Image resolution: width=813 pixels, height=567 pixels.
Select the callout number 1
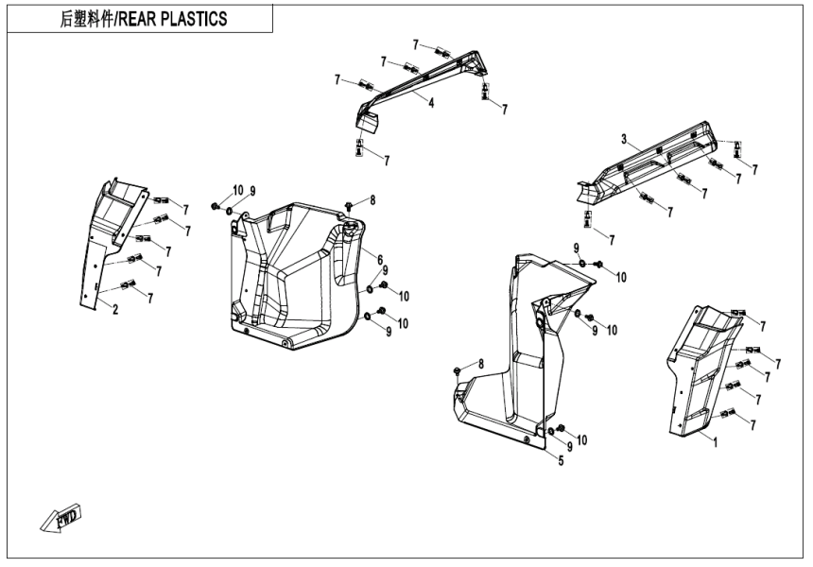(715, 441)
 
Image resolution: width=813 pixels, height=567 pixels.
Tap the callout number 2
(115, 309)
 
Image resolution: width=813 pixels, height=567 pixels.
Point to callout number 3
(624, 139)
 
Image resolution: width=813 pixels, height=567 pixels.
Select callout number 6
(379, 260)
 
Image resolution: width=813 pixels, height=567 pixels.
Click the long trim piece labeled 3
(652, 165)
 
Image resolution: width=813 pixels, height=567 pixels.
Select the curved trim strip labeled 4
(425, 80)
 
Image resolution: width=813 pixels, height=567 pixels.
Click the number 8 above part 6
(372, 199)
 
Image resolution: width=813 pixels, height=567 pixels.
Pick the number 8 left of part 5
(480, 365)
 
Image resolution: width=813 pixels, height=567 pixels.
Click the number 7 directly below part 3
(612, 240)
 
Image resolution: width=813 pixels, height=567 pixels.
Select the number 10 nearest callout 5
(582, 439)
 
